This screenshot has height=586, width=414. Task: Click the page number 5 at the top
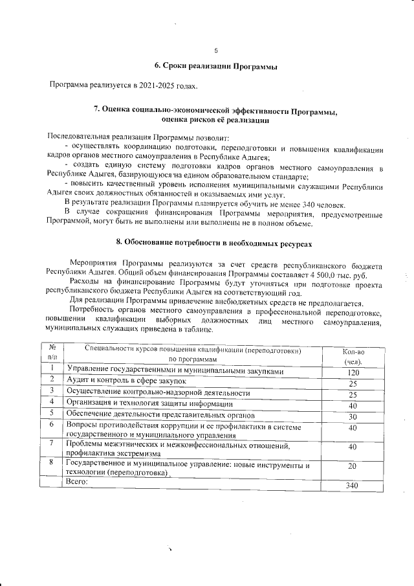click(216, 51)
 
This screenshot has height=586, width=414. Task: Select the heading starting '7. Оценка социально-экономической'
click(216, 111)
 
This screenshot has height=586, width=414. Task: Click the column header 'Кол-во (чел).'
click(353, 356)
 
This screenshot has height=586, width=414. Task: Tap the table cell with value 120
click(353, 374)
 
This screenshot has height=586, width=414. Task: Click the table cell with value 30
click(353, 416)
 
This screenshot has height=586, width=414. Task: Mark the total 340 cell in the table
click(353, 486)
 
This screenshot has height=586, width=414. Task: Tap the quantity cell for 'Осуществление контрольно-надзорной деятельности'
click(353, 395)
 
